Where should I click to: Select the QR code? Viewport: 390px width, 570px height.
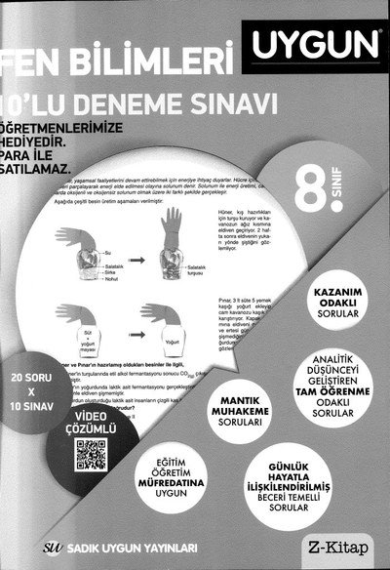click(x=91, y=456)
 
